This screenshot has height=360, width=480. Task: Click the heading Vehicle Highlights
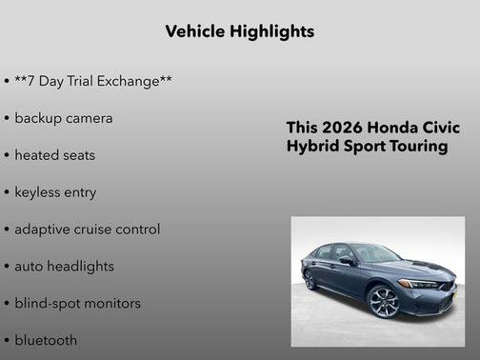click(239, 31)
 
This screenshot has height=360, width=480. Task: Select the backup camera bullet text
click(64, 118)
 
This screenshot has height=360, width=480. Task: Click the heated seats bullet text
click(55, 154)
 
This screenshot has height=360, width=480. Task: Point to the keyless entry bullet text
click(55, 191)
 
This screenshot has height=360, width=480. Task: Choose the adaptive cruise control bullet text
click(88, 229)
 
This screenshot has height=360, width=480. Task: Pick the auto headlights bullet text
click(64, 266)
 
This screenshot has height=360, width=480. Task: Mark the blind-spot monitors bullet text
click(77, 303)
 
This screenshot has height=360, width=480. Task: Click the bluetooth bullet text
click(46, 339)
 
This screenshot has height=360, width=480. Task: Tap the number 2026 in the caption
click(342, 128)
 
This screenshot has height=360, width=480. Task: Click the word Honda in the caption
click(393, 128)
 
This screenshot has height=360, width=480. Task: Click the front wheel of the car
click(383, 302)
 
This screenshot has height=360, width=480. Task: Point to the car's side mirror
click(347, 261)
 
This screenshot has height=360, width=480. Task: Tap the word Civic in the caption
click(441, 128)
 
